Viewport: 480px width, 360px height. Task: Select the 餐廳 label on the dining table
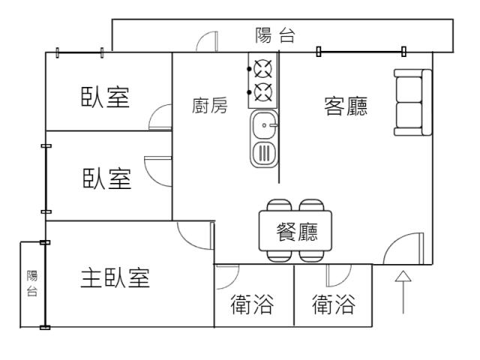point(297,232)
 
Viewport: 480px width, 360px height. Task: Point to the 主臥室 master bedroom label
point(115,278)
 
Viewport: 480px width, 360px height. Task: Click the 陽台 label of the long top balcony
point(274,35)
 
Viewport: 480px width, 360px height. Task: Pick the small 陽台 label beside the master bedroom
point(31,283)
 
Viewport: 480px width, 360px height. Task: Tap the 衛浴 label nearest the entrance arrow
point(333,305)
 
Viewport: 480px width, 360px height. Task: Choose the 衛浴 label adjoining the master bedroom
point(251,305)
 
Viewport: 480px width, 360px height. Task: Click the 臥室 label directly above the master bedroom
point(106,180)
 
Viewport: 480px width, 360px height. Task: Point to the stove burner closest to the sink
point(262,92)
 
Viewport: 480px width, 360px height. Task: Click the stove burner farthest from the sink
point(262,70)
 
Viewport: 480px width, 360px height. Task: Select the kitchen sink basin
point(265,124)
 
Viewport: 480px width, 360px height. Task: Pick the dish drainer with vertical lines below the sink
point(265,152)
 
